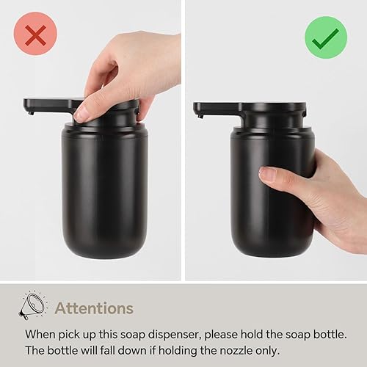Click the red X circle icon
pyautogui.click(x=34, y=34)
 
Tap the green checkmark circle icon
pyautogui.click(x=326, y=37)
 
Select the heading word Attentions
pyautogui.click(x=94, y=308)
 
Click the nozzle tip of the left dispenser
pyautogui.click(x=30, y=112)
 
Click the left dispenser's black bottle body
pyautogui.click(x=105, y=191)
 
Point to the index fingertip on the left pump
pyautogui.click(x=82, y=113)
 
